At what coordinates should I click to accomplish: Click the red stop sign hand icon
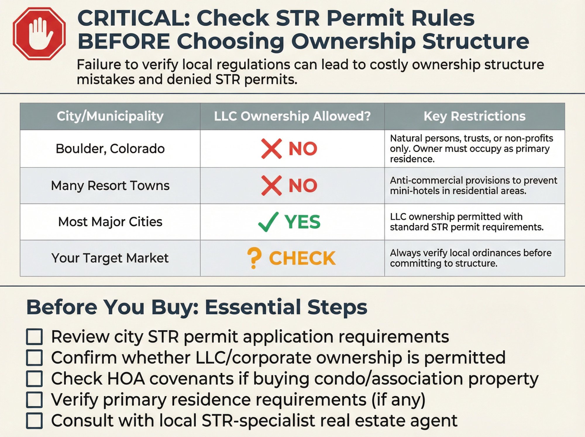(x=39, y=34)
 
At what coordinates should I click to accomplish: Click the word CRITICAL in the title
(x=133, y=18)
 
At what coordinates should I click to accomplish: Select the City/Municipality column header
(x=110, y=116)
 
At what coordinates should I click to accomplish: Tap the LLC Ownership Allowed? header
(x=292, y=116)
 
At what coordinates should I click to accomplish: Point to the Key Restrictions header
(x=474, y=116)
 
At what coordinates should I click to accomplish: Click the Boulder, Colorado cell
(x=110, y=149)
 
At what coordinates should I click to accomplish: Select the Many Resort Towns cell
(x=110, y=186)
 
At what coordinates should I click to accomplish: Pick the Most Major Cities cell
(x=110, y=222)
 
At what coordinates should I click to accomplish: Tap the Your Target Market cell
(x=110, y=258)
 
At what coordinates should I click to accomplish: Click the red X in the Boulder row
(x=271, y=149)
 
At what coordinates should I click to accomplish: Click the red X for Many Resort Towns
(x=271, y=186)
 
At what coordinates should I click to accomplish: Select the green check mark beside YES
(x=268, y=222)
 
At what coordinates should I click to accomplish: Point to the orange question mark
(x=254, y=258)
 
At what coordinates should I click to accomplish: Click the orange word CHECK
(x=302, y=258)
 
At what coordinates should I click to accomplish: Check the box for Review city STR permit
(x=35, y=337)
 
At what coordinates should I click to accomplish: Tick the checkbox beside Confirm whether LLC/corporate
(x=35, y=358)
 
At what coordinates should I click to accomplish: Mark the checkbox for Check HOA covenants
(x=35, y=379)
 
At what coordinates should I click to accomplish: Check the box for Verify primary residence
(x=35, y=400)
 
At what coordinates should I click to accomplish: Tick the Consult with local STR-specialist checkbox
(x=35, y=421)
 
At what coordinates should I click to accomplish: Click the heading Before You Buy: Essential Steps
(x=197, y=307)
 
